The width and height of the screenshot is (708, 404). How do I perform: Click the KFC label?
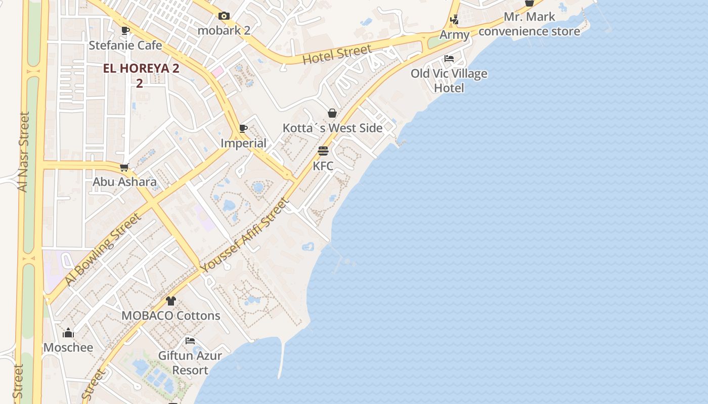pos(323,166)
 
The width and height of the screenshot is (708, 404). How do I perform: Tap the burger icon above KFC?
pos(323,151)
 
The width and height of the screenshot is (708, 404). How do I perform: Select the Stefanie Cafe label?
pos(125,45)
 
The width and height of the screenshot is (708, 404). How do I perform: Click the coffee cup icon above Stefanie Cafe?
pos(125,31)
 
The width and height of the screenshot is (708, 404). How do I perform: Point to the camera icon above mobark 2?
pos(224,16)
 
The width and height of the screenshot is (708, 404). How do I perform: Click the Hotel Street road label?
pos(337,55)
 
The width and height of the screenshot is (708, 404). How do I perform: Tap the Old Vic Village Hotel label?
pos(449,81)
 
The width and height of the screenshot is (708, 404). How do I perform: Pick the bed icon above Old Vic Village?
pos(449,59)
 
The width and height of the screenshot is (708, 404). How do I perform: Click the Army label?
pos(455,35)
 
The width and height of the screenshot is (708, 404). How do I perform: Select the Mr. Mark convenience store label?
pos(529,24)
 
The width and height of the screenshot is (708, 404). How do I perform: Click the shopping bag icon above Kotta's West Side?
pos(332,113)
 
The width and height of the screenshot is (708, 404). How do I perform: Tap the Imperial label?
pos(243,143)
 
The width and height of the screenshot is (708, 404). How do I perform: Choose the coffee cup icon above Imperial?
pos(243,129)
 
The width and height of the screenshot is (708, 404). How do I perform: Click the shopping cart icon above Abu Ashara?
pos(124,167)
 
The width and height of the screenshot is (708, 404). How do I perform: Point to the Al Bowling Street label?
pos(102,249)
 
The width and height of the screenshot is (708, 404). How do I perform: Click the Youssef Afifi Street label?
pos(244,235)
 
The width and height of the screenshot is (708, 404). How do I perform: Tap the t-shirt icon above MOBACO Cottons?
pos(171,301)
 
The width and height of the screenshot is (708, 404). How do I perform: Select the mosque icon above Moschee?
pos(68,333)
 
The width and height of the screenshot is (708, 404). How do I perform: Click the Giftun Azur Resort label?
pos(190,363)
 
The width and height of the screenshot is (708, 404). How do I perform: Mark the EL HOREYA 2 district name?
pos(141,69)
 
